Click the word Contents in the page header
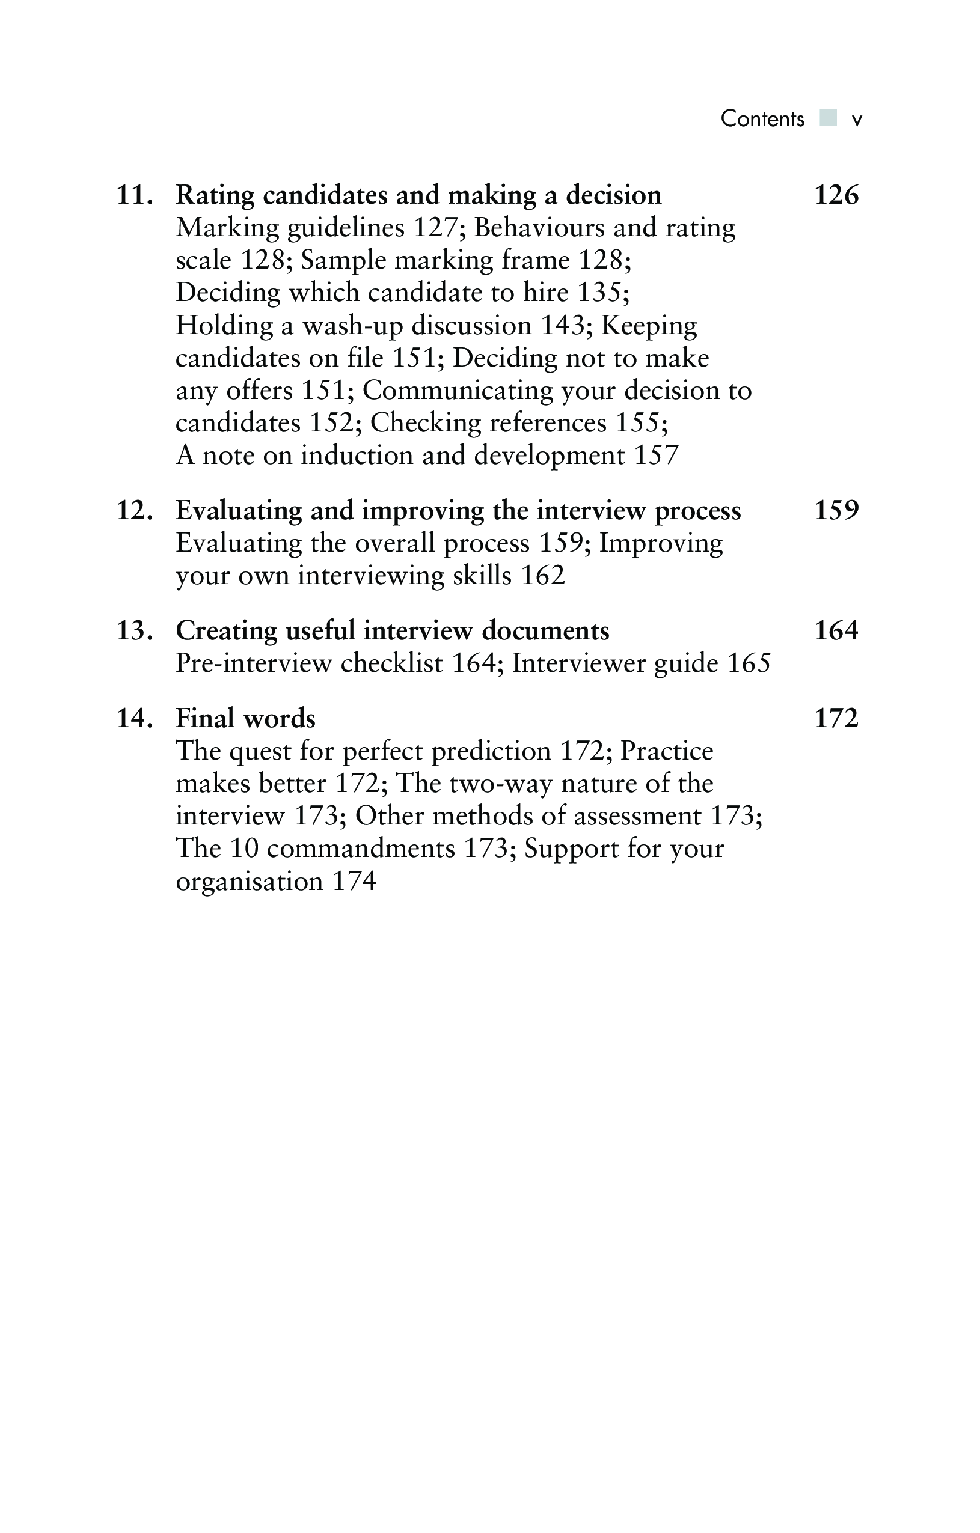pos(762,119)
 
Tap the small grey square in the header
pos(828,118)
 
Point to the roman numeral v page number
pos(857,120)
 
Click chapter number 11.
pos(134,195)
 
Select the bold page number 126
pos(836,195)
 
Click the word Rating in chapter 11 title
pos(215,195)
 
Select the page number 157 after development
pos(657,455)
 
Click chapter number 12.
pos(134,511)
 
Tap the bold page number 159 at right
pos(836,511)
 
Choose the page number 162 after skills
pos(542,576)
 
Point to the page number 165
pos(749,663)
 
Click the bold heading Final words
pos(245,718)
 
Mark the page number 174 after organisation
pos(354,881)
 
